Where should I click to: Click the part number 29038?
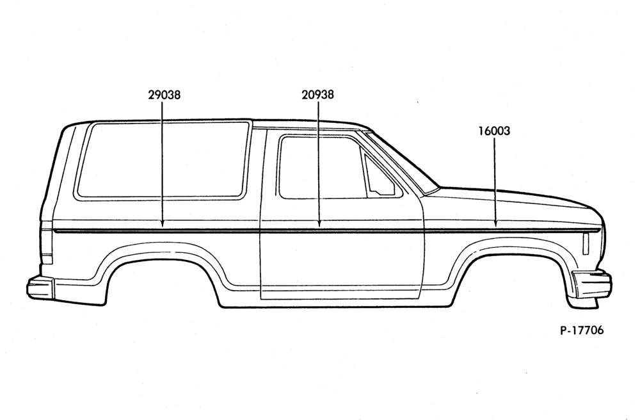164,95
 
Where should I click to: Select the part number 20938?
317,95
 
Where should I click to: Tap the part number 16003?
494,131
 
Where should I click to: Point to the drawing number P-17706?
582,330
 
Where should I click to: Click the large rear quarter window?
163,161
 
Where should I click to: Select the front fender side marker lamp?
586,244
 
